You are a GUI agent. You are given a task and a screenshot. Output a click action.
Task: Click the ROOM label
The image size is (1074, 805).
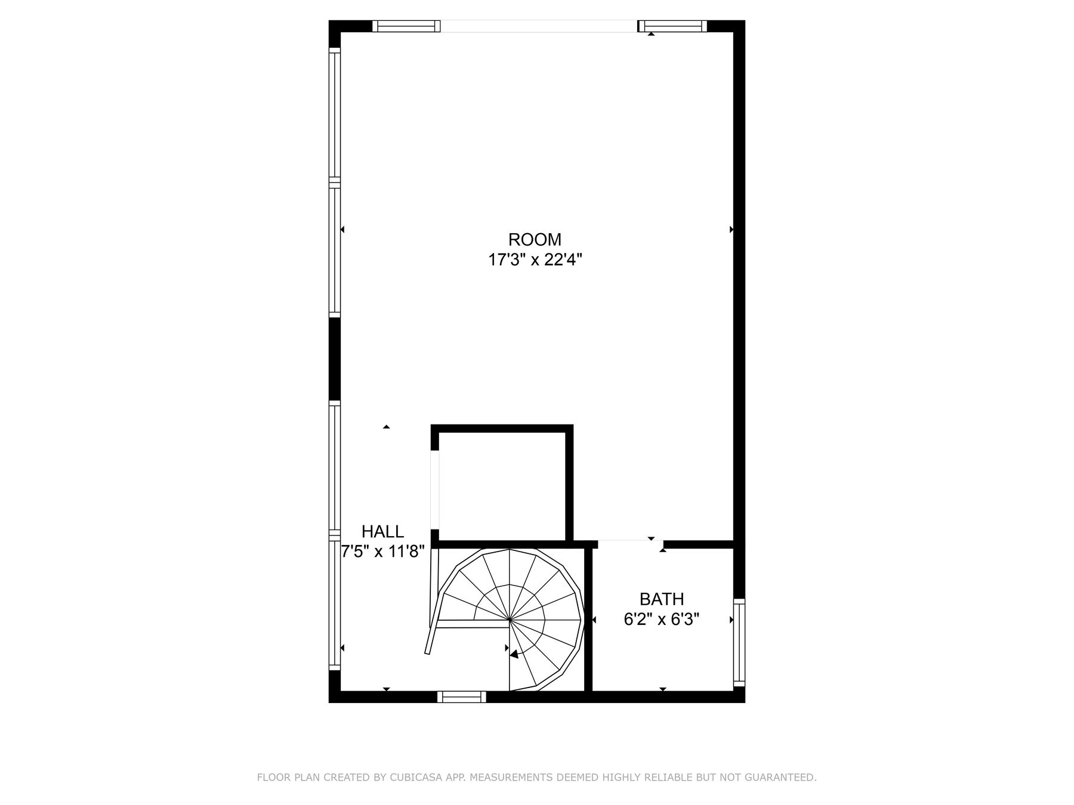coord(535,240)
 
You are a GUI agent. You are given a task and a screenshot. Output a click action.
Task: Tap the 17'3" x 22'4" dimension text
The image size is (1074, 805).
coord(535,260)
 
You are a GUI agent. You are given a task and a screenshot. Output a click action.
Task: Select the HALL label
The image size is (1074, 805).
coord(382,531)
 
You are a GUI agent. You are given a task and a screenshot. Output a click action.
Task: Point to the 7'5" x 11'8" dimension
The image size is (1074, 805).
coord(382,552)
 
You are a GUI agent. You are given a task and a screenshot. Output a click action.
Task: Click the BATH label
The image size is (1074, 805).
coord(662,599)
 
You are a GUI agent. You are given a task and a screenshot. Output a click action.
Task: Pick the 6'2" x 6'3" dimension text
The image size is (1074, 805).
coord(662,620)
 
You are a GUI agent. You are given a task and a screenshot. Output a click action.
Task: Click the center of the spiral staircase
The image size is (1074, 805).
coord(510,620)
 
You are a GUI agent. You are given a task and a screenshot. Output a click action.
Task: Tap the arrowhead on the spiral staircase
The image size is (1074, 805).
coord(514,654)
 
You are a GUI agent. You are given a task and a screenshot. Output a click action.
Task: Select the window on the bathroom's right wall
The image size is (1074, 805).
coord(739,642)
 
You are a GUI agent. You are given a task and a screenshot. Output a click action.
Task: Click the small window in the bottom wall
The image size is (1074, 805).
coord(461,696)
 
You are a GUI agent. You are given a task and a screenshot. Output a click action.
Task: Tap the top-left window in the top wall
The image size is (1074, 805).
coord(406,26)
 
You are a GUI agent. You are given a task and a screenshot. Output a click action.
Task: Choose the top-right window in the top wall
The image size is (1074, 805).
coord(672,26)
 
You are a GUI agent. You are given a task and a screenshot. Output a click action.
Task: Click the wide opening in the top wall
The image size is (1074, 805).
coord(539,26)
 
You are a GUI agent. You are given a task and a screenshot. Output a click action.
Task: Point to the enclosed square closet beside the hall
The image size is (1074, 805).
coord(502,485)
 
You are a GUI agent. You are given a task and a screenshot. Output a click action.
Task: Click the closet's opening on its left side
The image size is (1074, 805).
coord(435,490)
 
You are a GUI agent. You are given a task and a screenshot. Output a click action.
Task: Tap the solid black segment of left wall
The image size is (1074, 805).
coord(334,359)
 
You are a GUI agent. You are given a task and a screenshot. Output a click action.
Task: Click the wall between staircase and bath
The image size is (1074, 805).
coord(588,620)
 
